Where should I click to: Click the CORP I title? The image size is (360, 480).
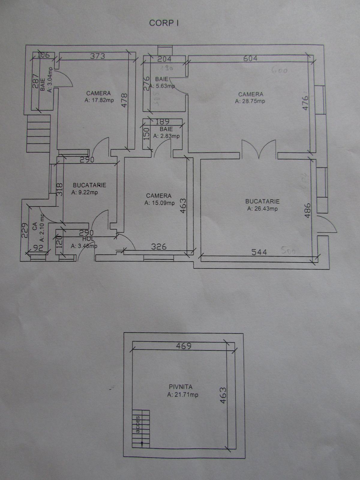[164, 23]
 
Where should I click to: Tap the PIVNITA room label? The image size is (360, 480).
[181, 387]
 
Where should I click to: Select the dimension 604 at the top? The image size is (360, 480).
[250, 58]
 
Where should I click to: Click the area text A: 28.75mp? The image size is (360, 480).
[250, 101]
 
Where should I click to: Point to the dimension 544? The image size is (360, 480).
[259, 252]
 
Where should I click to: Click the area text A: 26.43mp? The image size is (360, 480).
[262, 209]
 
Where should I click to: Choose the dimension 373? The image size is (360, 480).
[98, 56]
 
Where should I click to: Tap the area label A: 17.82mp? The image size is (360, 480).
[99, 100]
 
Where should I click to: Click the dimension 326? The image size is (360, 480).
[158, 247]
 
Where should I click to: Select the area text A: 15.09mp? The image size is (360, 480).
[159, 203]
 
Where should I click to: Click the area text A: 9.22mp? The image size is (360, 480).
[85, 193]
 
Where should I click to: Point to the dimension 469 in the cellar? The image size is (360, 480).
[183, 346]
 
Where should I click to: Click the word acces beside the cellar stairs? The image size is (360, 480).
[138, 424]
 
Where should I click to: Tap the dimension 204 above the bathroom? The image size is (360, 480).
[164, 59]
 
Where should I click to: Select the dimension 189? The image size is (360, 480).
[162, 121]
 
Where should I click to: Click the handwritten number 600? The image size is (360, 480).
[279, 71]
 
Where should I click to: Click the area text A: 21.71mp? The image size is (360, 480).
[183, 395]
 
